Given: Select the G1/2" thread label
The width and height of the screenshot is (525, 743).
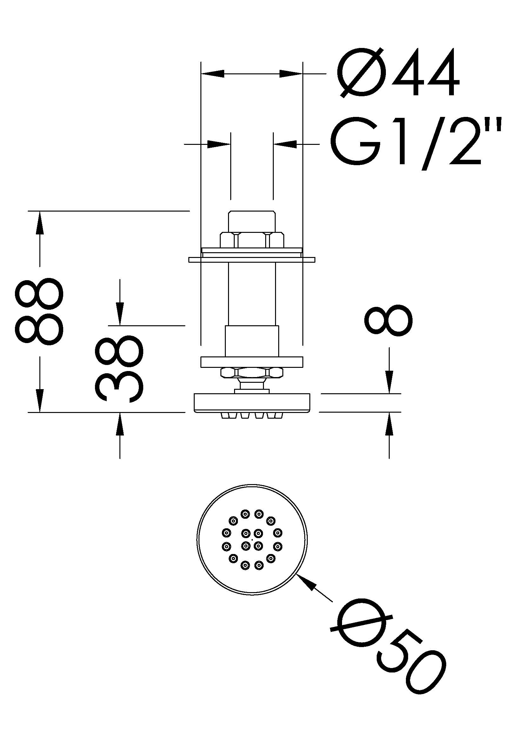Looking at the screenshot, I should coord(416,142).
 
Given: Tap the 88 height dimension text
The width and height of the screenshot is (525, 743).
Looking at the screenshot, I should coord(39,311).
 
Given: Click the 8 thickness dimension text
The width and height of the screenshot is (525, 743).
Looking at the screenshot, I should coord(388,321).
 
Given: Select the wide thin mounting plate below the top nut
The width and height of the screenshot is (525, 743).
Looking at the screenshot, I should coord(252,260).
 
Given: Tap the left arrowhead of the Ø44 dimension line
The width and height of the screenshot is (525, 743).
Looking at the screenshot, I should coord(212,73).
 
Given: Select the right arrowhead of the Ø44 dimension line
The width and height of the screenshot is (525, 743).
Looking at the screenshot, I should coord(291,73).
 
